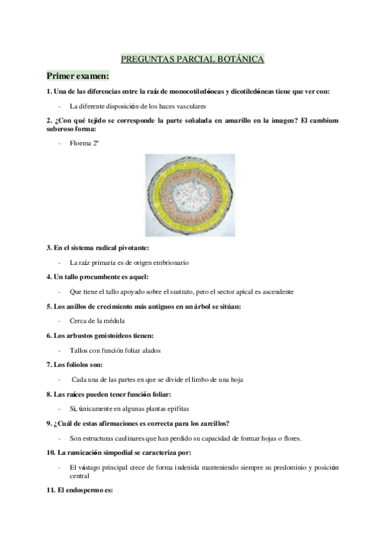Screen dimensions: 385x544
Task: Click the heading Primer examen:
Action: tap(77, 76)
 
